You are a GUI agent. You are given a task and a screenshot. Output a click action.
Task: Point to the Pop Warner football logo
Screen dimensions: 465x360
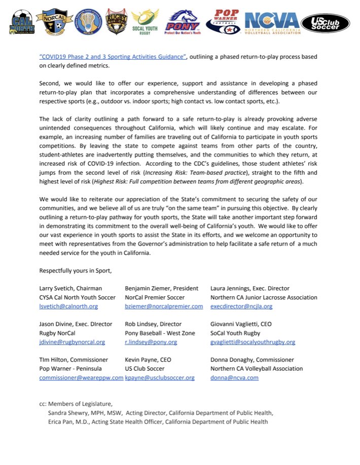pyautogui.click(x=224, y=23)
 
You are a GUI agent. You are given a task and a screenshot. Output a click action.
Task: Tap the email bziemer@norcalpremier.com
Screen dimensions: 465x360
pyautogui.click(x=164, y=306)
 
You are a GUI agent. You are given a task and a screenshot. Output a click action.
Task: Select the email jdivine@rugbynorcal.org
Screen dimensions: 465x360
pyautogui.click(x=72, y=342)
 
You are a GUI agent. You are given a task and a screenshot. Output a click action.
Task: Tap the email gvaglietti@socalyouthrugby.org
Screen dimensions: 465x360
pyautogui.click(x=253, y=342)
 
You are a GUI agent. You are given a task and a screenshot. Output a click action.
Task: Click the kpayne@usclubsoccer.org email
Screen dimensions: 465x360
pyautogui.click(x=160, y=377)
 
